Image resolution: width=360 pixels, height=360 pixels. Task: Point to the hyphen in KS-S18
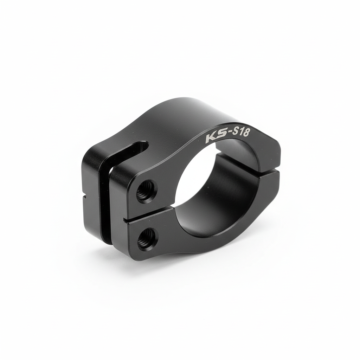pos(224,135)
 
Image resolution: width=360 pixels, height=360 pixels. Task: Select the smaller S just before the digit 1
pos(231,134)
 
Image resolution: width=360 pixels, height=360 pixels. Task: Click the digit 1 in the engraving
pos(237,132)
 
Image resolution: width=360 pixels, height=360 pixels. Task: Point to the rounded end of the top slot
pos(144,146)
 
